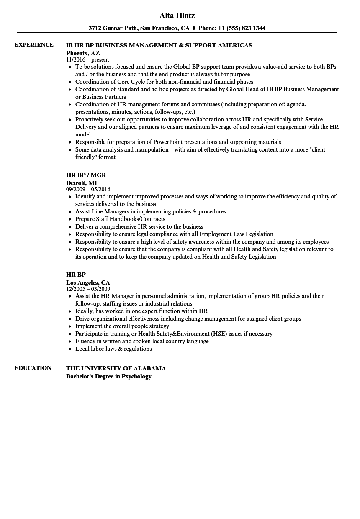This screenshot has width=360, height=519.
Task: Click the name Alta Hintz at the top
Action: click(x=177, y=15)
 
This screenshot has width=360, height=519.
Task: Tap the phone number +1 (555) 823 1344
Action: click(x=243, y=28)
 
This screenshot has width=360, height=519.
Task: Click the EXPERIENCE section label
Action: click(x=34, y=45)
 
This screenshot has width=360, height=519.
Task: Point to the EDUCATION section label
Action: click(x=33, y=368)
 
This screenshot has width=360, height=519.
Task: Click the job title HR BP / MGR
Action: click(x=83, y=175)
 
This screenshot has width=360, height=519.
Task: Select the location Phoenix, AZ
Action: click(x=83, y=53)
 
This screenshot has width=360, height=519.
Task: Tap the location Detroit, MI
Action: click(x=81, y=183)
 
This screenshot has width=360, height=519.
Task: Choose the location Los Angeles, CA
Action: click(x=88, y=283)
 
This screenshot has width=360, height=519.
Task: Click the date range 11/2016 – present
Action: click(x=87, y=60)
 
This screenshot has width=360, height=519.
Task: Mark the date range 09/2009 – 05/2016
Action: click(x=88, y=189)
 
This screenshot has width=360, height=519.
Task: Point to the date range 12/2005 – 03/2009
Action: click(x=88, y=289)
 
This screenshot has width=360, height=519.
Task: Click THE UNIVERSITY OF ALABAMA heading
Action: click(x=116, y=368)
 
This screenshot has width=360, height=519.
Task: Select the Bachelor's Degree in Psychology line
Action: click(x=108, y=376)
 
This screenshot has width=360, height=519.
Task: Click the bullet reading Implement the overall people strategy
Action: click(x=122, y=326)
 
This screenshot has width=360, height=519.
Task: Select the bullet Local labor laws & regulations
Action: click(x=113, y=349)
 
